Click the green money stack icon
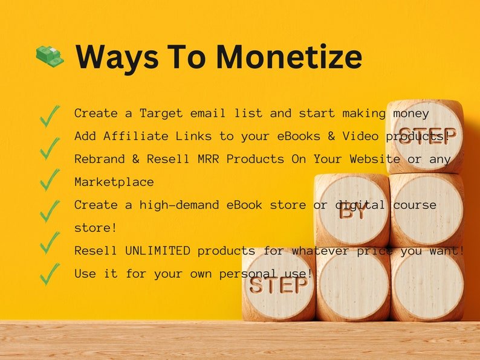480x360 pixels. (50, 56)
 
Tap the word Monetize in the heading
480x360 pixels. (289, 57)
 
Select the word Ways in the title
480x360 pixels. (117, 59)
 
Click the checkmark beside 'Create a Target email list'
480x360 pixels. (50, 116)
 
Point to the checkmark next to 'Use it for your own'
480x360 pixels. (50, 274)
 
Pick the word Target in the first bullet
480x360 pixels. (161, 114)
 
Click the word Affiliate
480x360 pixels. (135, 136)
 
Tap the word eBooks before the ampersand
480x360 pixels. (299, 136)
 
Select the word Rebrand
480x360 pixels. (100, 159)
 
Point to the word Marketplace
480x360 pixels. (114, 182)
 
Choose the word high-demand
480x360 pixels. (179, 205)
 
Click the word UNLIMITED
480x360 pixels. (158, 251)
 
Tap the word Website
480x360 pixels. (375, 159)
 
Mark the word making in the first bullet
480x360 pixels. (364, 114)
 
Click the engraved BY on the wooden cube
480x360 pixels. (352, 211)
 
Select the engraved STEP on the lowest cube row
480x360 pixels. (278, 285)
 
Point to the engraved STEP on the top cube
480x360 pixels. (427, 135)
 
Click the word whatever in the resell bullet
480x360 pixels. (320, 251)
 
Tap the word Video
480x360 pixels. (360, 136)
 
